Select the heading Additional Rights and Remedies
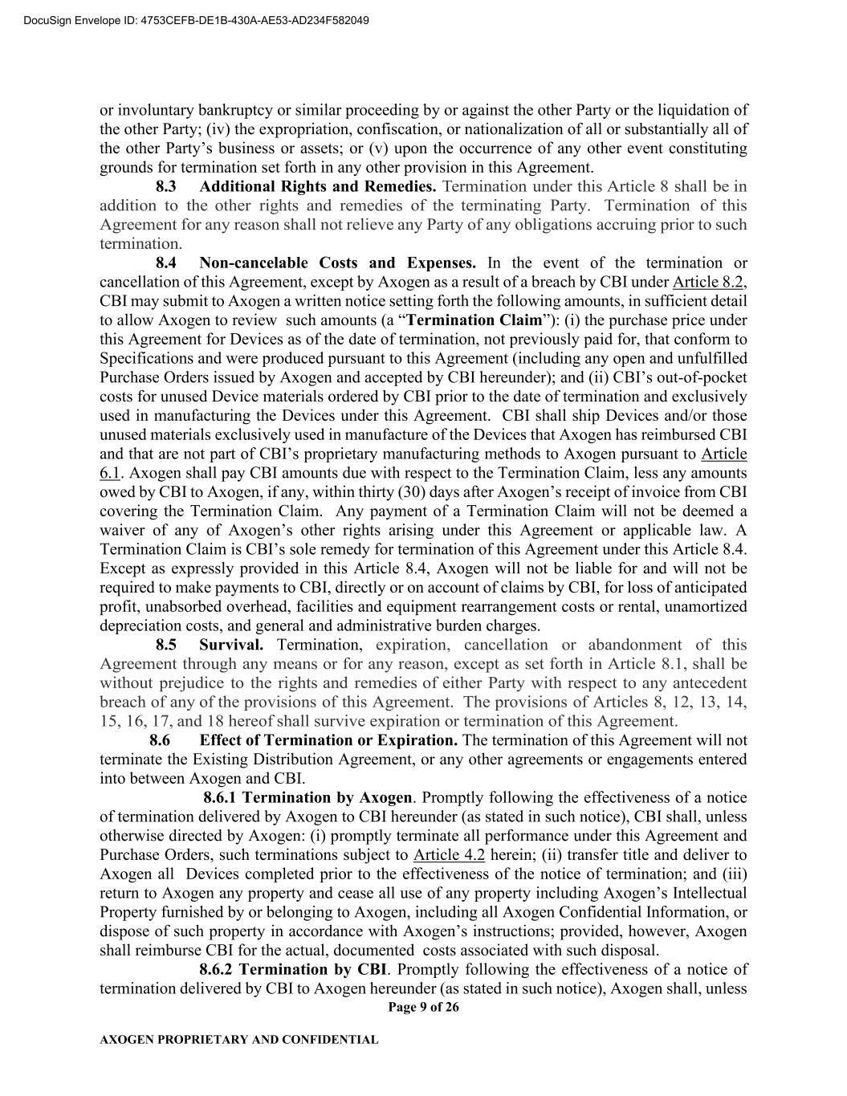pyautogui.click(x=318, y=186)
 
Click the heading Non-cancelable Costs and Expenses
pyautogui.click(x=337, y=263)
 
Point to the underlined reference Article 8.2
pyautogui.click(x=709, y=282)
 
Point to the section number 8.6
pyautogui.click(x=161, y=739)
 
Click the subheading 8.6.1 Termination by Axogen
pyautogui.click(x=307, y=797)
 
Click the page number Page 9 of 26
pyautogui.click(x=423, y=1008)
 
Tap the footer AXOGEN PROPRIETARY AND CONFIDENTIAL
pyautogui.click(x=238, y=1040)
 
